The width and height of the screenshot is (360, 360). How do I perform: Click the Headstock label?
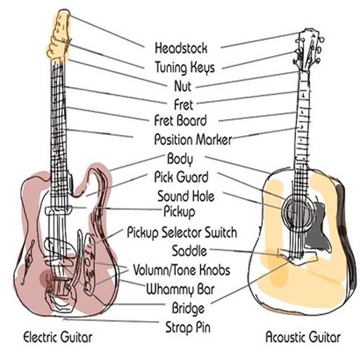[x=181, y=48]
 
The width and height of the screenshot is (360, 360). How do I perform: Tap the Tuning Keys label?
[x=185, y=67]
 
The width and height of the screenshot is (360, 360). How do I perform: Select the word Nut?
[x=183, y=86]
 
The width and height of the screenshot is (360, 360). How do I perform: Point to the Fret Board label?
[x=181, y=120]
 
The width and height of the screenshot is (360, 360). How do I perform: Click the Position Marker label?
[x=193, y=139]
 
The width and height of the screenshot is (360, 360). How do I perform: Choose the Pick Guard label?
[x=181, y=177]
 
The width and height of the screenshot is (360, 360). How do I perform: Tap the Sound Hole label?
[x=186, y=196]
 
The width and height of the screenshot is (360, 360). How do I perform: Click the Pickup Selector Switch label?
[x=182, y=233]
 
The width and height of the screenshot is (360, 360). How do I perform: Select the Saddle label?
[x=189, y=250]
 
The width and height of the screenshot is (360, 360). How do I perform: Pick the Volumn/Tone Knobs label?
[x=181, y=270]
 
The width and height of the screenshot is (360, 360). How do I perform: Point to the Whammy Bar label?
[x=180, y=289]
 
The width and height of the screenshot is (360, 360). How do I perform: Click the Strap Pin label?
[x=188, y=327]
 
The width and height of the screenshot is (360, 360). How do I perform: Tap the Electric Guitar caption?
[x=58, y=337]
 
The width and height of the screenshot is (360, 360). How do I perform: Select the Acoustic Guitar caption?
[x=303, y=337]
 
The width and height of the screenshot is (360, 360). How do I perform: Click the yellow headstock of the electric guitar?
[x=58, y=35]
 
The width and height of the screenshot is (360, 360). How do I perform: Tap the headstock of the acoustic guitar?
[x=309, y=49]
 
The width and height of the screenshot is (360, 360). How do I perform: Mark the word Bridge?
[x=188, y=308]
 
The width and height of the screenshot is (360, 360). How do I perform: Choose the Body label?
[x=180, y=159]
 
